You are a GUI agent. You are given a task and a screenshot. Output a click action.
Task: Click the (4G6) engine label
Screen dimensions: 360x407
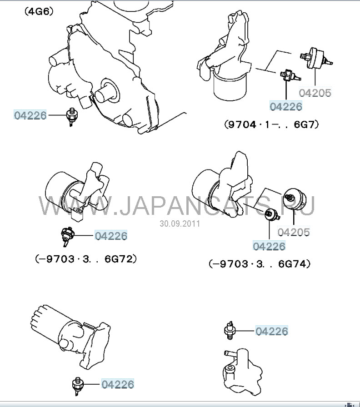[x=39, y=12]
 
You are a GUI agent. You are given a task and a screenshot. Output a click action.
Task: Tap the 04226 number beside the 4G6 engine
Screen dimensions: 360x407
[x=30, y=115]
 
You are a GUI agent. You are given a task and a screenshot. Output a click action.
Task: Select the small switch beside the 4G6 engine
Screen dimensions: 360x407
[x=70, y=117]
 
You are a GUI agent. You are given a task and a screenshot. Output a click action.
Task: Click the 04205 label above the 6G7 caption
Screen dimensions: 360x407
[x=315, y=93]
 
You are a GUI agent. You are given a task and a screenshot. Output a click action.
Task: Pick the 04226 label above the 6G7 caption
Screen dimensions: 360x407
[x=286, y=106]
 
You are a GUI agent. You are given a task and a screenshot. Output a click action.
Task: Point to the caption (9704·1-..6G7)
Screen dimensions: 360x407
[x=271, y=124]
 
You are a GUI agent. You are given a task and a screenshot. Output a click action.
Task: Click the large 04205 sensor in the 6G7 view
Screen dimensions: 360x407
[x=316, y=58]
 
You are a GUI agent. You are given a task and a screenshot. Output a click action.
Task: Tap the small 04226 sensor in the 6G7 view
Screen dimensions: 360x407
[x=290, y=75]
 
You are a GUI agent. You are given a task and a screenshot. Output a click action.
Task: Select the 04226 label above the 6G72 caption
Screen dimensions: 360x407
[x=111, y=236]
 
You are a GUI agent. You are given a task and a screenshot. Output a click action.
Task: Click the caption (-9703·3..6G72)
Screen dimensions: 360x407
[x=86, y=259]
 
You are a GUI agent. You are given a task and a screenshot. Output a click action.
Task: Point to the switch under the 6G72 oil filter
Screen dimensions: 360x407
[x=67, y=236]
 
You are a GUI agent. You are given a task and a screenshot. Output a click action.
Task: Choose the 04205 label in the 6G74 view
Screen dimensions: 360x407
[x=294, y=232]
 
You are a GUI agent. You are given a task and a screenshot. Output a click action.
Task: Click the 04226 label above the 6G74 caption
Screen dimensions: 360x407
[x=269, y=246]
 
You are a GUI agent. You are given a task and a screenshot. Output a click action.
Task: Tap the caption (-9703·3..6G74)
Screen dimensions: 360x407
[x=260, y=264]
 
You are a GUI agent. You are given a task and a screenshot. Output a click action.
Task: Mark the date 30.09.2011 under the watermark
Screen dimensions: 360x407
[x=180, y=223]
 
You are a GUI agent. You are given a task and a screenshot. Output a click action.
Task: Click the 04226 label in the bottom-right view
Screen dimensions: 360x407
[x=272, y=331]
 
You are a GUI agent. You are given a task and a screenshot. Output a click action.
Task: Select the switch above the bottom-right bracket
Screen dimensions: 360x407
[x=230, y=330]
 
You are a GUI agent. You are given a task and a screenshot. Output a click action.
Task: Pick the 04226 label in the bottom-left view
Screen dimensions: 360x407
[x=118, y=384]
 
